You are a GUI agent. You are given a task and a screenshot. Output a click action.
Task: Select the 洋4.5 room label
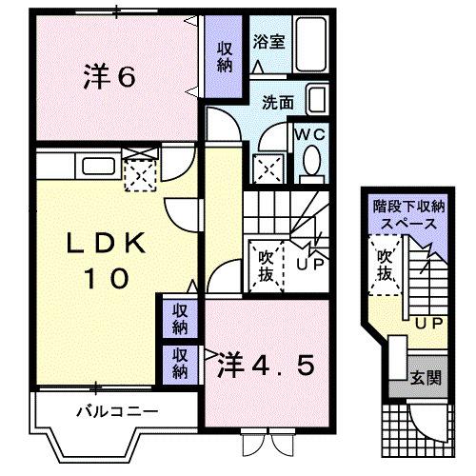(266, 365)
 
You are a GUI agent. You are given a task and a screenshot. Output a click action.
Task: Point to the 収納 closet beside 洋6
(226, 57)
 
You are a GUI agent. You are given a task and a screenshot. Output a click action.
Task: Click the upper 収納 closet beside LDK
(180, 318)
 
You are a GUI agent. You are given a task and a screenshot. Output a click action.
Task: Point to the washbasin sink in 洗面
(318, 99)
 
